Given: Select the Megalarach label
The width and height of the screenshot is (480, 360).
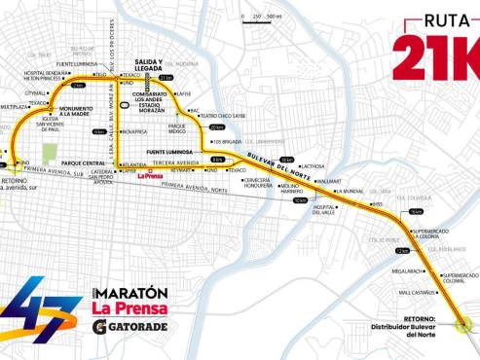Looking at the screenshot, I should [408, 271].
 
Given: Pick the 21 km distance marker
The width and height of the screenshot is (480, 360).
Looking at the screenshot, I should [166, 77].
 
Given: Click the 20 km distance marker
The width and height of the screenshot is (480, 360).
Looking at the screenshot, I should [215, 126].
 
